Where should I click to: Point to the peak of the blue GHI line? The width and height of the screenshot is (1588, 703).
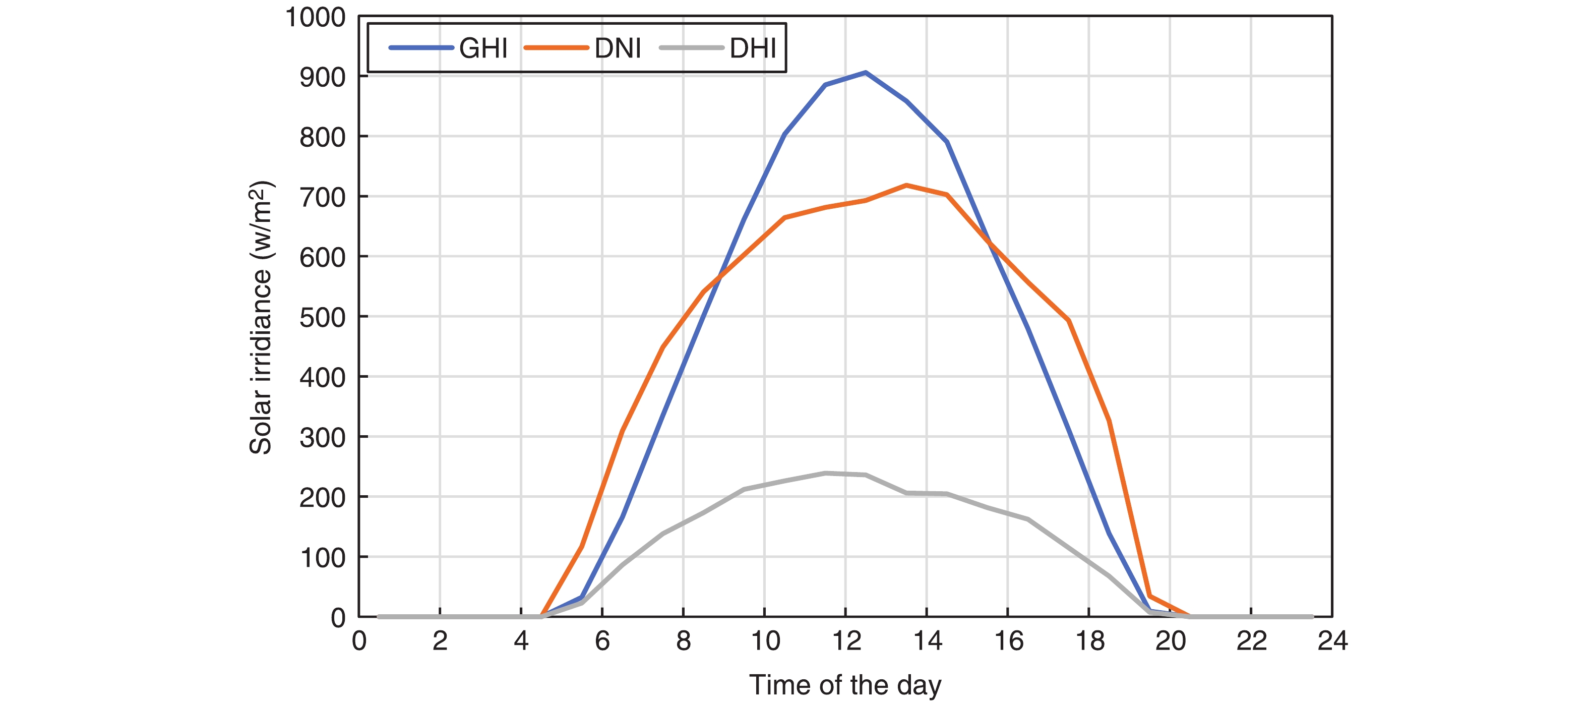coord(866,73)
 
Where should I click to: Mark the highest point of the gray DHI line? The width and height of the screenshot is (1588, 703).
coord(825,473)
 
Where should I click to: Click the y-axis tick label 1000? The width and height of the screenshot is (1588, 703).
coord(315,17)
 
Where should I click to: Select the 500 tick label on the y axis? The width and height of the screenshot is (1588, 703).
coord(323,318)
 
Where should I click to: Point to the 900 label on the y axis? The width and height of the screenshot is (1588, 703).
coord(323,77)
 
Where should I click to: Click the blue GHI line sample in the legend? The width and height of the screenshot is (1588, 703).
coord(421,48)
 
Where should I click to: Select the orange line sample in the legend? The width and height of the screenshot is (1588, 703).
coord(556,48)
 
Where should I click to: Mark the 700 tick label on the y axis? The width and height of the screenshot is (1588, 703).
coord(323,197)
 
